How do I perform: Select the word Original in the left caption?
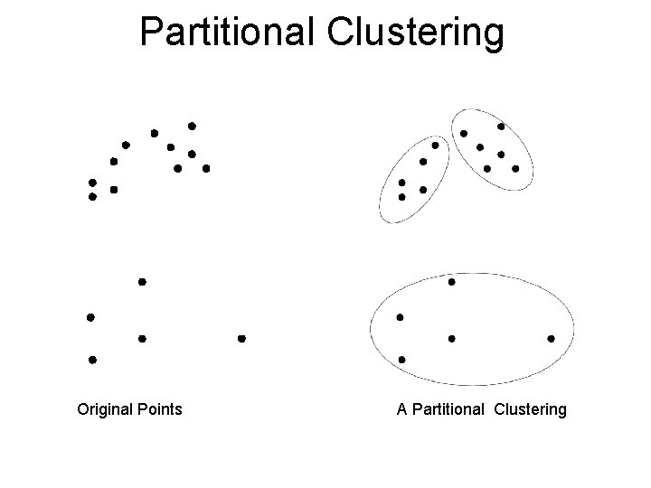point(106,409)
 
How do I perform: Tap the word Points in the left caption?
point(160,409)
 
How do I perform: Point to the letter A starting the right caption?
point(401,409)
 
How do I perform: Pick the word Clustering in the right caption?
point(531,409)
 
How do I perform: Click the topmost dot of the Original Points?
point(192,126)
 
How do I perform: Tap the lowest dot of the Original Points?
point(92,360)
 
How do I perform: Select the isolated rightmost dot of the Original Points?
point(241,339)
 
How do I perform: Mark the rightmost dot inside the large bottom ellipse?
point(552,339)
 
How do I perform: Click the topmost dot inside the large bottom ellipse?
point(452,282)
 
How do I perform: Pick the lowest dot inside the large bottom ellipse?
point(402,360)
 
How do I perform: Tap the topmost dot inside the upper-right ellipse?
point(501,127)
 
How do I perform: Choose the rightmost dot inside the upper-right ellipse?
point(515,168)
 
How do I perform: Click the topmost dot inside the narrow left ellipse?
point(435,145)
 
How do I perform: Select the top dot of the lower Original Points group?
point(142,282)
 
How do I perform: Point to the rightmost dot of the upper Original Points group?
point(206,168)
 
